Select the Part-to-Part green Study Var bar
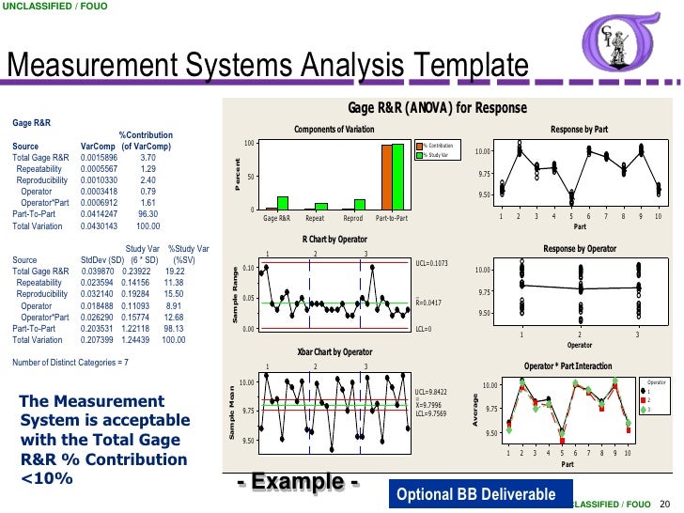tap(397, 177)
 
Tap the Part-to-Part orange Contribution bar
tap(386, 177)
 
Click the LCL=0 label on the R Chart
tap(425, 329)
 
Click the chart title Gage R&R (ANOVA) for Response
tap(437, 108)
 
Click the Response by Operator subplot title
tap(580, 248)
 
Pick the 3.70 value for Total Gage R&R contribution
tap(148, 158)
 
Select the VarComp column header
tap(98, 147)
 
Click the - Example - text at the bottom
tap(299, 482)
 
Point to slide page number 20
tap(665, 503)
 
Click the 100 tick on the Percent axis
tap(249, 144)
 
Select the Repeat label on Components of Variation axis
tap(315, 217)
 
